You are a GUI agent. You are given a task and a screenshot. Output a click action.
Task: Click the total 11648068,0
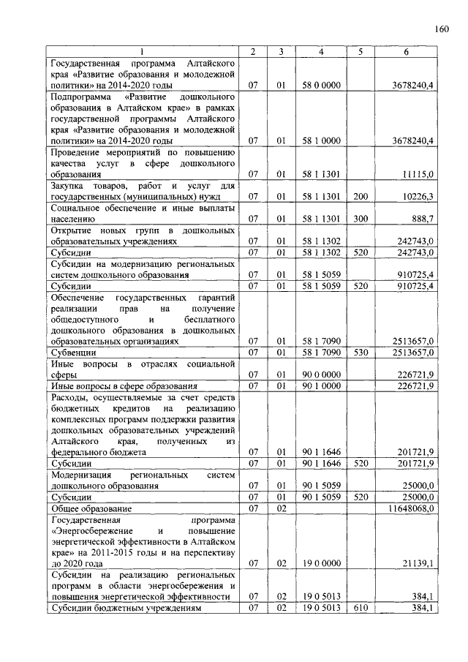click(412, 508)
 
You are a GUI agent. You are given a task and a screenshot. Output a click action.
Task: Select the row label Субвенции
click(71, 352)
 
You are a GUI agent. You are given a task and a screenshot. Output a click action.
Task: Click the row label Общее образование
click(91, 508)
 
